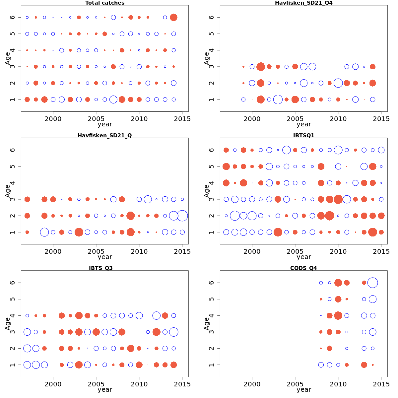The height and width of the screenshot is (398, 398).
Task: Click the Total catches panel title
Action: [x=105, y=3]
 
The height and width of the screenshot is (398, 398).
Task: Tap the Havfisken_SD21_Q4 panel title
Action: [x=303, y=3]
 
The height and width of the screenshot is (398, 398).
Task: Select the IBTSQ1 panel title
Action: [x=303, y=135]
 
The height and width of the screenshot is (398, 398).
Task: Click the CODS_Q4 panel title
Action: [x=303, y=268]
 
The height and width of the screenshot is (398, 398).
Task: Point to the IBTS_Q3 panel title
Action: [x=105, y=268]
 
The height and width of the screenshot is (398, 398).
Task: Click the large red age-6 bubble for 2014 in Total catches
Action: [x=173, y=18]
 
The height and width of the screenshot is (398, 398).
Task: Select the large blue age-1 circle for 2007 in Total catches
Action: [x=113, y=99]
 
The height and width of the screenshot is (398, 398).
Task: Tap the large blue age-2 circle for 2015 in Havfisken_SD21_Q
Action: [x=182, y=216]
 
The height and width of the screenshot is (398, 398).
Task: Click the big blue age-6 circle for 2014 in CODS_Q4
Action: [x=372, y=283]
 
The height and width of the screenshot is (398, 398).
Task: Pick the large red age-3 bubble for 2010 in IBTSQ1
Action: [x=338, y=199]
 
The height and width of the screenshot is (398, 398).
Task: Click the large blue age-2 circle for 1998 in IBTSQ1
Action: [x=235, y=216]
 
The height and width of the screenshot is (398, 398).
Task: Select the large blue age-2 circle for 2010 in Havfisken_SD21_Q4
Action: [x=338, y=83]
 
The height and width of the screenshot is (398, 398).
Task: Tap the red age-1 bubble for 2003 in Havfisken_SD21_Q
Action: [x=79, y=232]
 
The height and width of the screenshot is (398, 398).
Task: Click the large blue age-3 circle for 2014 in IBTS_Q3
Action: [x=173, y=332]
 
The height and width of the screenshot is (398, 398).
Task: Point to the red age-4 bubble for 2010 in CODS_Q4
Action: [x=338, y=315]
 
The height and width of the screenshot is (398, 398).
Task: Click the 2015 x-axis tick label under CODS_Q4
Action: [x=381, y=384]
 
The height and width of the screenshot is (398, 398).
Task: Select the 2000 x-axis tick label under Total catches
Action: [x=53, y=118]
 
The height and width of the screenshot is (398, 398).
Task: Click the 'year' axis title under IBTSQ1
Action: [x=303, y=257]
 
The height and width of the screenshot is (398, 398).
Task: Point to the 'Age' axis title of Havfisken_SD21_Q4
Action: [x=206, y=58]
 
